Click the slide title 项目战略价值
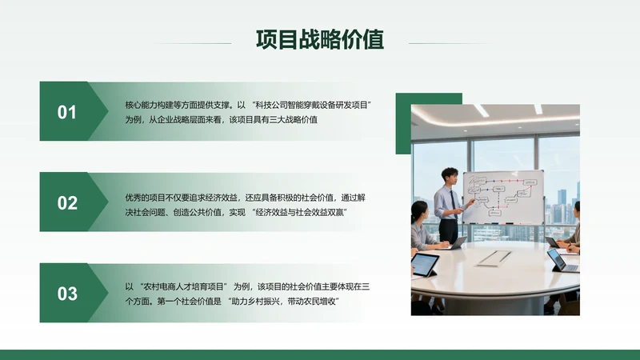pyautogui.click(x=319, y=40)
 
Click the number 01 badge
pyautogui.click(x=67, y=112)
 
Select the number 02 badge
pyautogui.click(x=67, y=202)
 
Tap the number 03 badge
pyautogui.click(x=67, y=294)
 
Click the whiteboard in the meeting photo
pyautogui.click(x=503, y=196)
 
